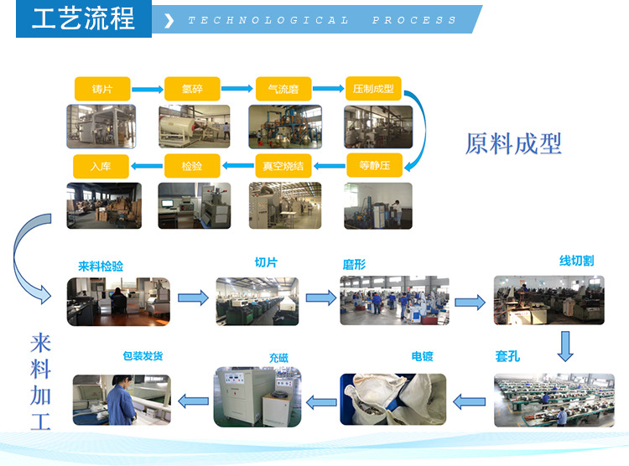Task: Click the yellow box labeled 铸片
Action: click(101, 89)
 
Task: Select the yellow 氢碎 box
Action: click(192, 89)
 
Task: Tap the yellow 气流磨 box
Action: click(283, 89)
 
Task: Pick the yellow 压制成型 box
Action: click(374, 89)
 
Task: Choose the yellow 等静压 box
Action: click(374, 165)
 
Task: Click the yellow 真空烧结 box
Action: click(283, 165)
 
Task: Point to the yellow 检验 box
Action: click(192, 165)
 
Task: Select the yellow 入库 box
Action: click(101, 165)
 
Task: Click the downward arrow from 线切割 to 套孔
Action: click(565, 344)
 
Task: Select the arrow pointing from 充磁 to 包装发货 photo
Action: click(195, 402)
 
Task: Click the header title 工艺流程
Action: click(83, 18)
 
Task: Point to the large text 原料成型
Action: click(513, 143)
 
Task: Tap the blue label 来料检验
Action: click(101, 266)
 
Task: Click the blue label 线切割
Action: click(576, 261)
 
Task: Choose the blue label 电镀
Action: click(422, 357)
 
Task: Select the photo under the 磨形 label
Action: click(394, 300)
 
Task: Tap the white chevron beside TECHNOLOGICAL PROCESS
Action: click(169, 20)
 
